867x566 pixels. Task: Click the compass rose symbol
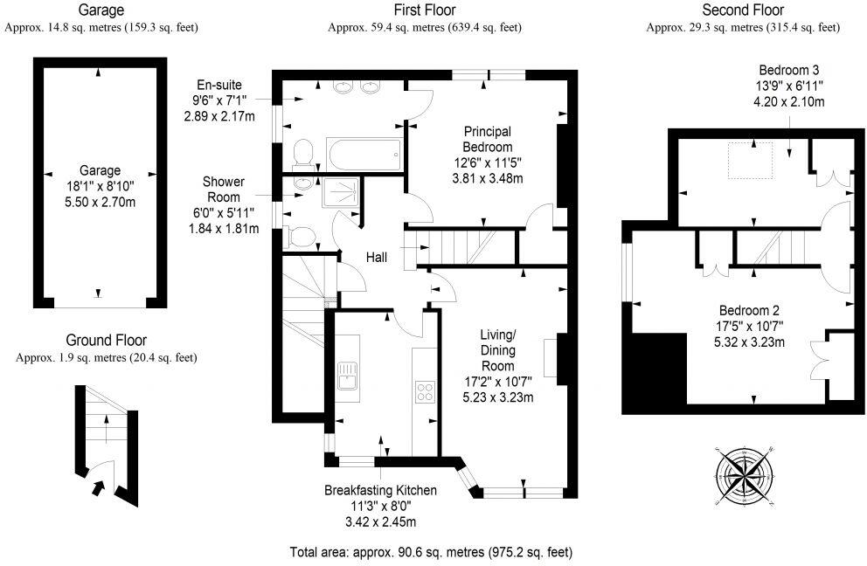pos(745,475)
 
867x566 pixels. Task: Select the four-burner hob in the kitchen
pos(425,392)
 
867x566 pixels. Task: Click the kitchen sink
pos(348,376)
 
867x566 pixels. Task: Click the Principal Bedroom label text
pos(488,140)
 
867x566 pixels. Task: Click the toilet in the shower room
pos(300,236)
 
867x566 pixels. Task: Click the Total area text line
pos(431,552)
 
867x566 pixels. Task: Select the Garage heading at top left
pos(101,10)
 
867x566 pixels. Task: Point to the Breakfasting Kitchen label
pos(380,491)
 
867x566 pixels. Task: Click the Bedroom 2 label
pos(749,310)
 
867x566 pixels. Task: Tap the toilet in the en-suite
pos(302,154)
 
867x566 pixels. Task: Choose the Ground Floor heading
pos(106,341)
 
